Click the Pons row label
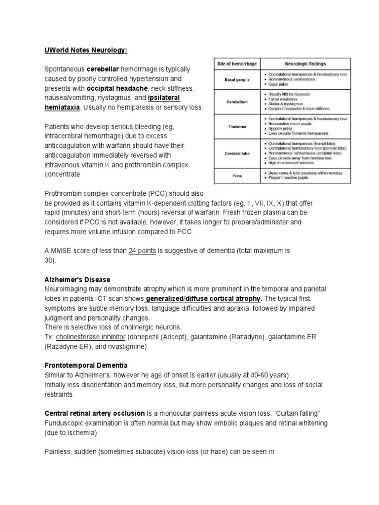pyautogui.click(x=237, y=175)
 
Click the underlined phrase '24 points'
pyautogui.click(x=142, y=251)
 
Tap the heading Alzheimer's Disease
pyautogui.click(x=77, y=280)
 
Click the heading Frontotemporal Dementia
pyautogui.click(x=86, y=365)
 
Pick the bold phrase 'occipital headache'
pyautogui.click(x=117, y=88)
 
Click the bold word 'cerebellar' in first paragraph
pyautogui.click(x=104, y=69)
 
